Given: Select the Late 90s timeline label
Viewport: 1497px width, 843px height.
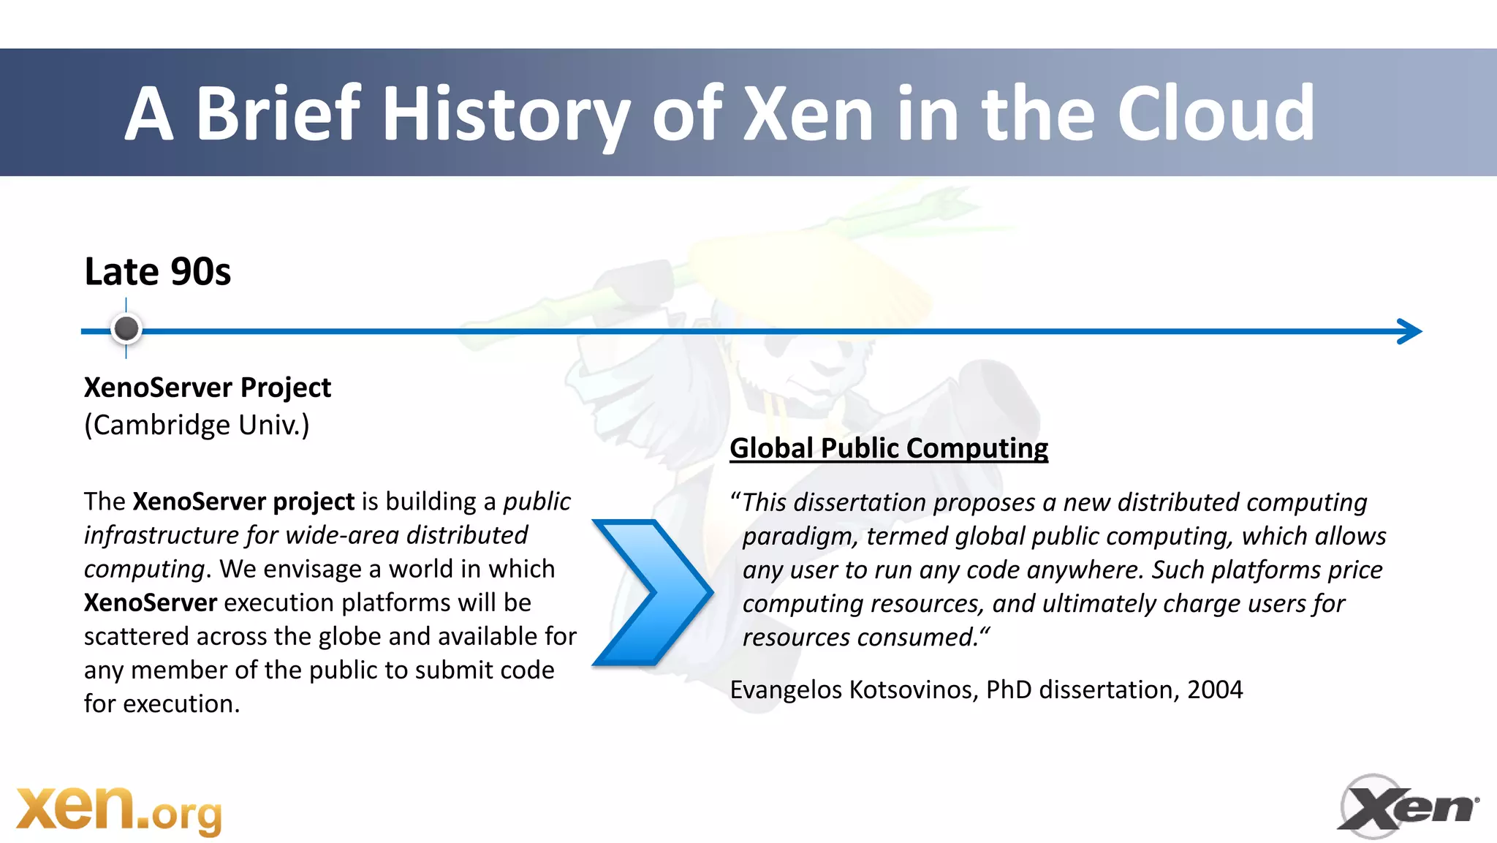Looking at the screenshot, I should point(157,272).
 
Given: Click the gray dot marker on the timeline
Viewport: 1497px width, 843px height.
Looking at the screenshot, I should point(126,328).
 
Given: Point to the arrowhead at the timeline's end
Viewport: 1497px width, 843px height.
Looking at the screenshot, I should point(1411,331).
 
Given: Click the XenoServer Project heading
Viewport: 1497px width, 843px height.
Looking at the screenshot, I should point(208,388).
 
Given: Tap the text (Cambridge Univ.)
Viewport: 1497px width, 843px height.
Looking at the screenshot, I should point(197,425).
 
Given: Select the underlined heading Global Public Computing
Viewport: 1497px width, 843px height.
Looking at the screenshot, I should point(889,448).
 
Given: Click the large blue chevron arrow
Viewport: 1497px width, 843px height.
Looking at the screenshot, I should point(651,592).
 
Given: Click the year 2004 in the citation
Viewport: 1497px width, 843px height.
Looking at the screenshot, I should point(1215,689).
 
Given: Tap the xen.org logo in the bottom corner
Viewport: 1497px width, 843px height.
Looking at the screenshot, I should point(119,810).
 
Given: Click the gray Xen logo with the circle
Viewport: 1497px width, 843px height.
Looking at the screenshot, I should point(1407,807).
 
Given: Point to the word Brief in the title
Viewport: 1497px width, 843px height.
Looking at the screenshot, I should point(278,114).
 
